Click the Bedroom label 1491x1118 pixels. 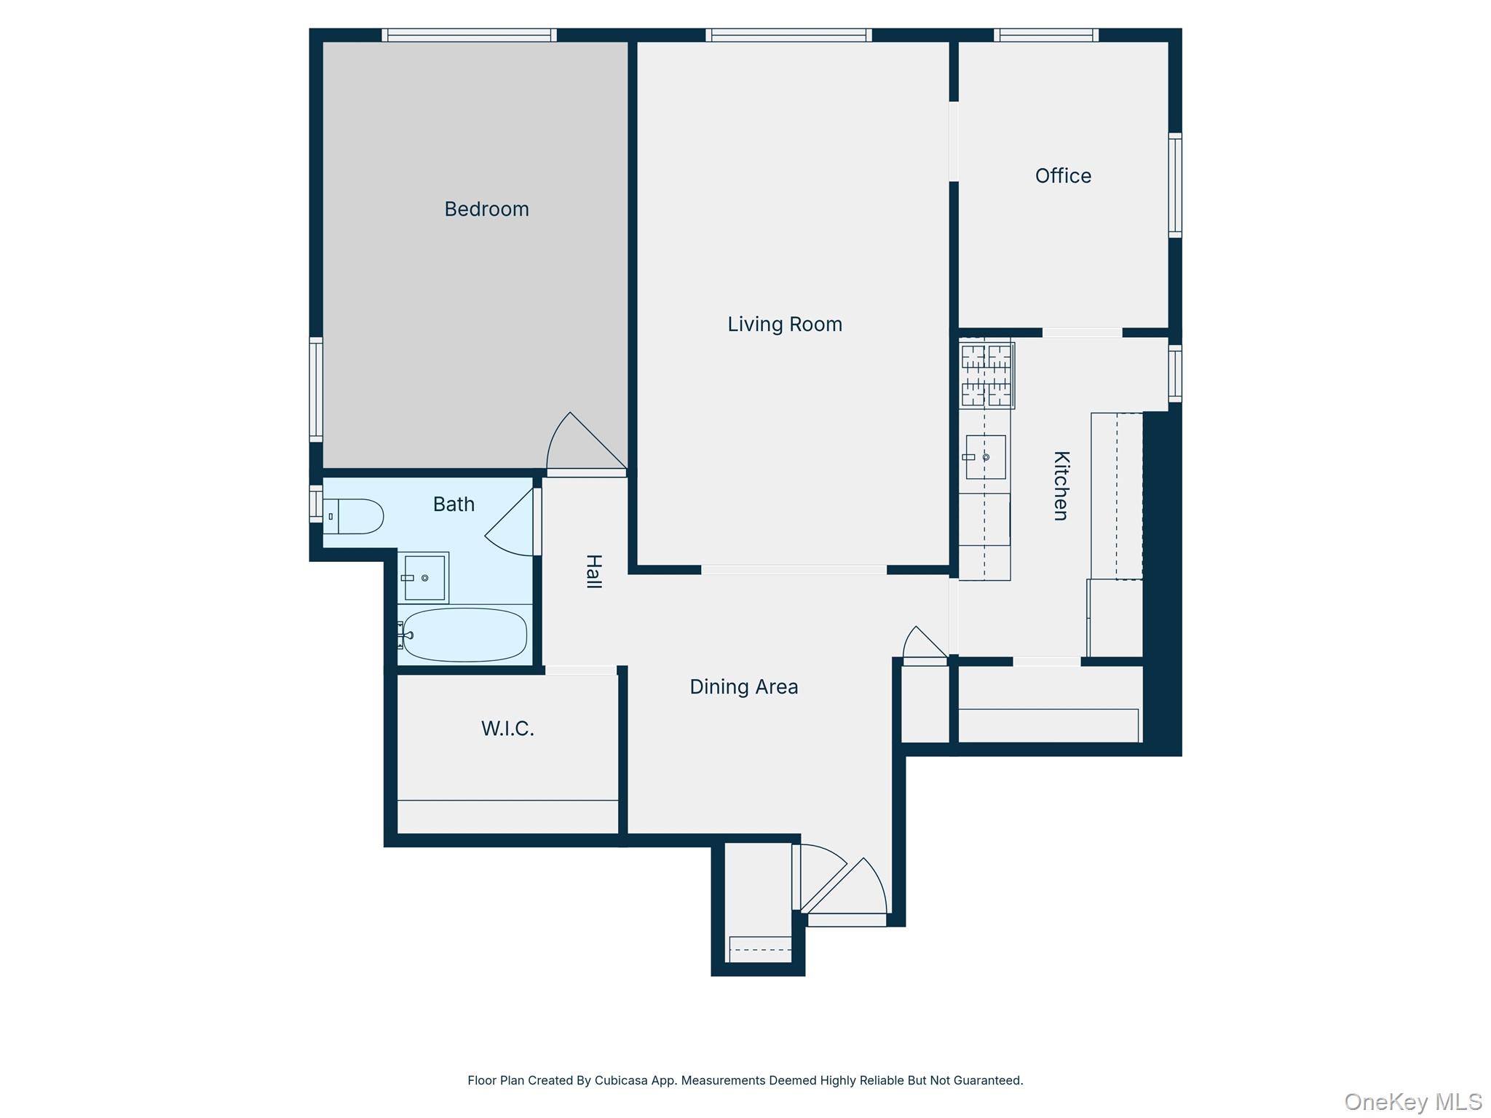(x=486, y=209)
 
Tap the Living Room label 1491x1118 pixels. (x=785, y=324)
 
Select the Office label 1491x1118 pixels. (x=1063, y=175)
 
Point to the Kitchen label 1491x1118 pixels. (x=1061, y=485)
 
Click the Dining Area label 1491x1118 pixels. (x=743, y=686)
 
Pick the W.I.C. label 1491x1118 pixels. (x=507, y=729)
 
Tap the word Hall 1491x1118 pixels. (x=594, y=571)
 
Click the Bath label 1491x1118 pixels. (x=454, y=504)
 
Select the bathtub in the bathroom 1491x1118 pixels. (x=464, y=635)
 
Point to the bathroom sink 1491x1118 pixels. (x=424, y=578)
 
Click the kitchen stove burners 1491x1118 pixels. (x=986, y=376)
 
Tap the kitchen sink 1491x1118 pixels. (x=986, y=457)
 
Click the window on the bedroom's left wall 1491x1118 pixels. (x=316, y=389)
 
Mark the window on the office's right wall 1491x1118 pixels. (x=1174, y=185)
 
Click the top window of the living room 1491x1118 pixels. (x=788, y=35)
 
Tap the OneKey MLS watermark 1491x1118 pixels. (x=1412, y=1102)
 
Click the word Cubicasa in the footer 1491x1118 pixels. (x=621, y=1080)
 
